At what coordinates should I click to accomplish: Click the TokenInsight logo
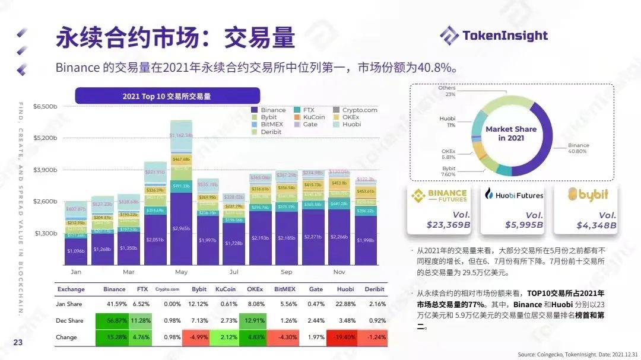point(494,35)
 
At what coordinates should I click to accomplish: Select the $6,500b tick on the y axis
point(46,107)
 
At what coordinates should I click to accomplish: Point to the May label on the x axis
point(181,272)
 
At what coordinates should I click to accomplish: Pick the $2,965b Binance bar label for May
point(181,228)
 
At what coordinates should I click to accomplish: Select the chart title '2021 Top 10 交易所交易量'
point(167,96)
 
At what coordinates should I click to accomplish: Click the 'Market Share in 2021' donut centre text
point(510,133)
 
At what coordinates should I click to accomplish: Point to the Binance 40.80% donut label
point(578,148)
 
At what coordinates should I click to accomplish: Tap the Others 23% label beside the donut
point(447,91)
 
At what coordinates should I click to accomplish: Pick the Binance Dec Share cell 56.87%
point(114,321)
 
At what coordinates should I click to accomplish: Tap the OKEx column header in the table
point(255,289)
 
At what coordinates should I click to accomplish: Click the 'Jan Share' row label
point(70,304)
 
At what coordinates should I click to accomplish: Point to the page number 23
point(18,342)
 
